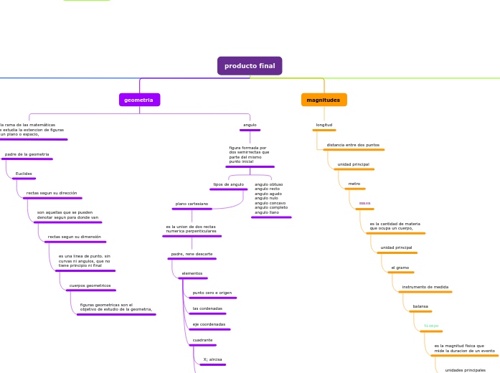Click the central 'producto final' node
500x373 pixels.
click(250, 66)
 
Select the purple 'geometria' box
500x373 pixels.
click(139, 100)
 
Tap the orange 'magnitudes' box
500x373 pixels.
click(324, 100)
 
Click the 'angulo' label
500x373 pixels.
click(250, 125)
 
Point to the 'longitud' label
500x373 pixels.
click(324, 125)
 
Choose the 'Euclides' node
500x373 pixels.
click(24, 174)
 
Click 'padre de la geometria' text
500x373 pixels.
click(27, 154)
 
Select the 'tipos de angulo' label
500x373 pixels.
click(228, 184)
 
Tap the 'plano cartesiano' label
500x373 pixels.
click(192, 204)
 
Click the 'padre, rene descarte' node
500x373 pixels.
click(192, 254)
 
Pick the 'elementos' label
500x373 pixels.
click(192, 273)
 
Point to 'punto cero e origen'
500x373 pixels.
click(212, 293)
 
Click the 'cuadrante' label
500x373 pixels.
click(202, 340)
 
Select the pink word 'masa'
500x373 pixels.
click(364, 203)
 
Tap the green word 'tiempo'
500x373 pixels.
click(431, 326)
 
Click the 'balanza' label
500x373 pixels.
click(420, 306)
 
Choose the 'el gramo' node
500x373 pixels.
click(400, 268)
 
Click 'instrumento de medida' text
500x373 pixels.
click(425, 287)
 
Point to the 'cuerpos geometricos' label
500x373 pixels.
click(90, 285)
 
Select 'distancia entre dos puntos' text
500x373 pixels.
click(353, 145)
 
